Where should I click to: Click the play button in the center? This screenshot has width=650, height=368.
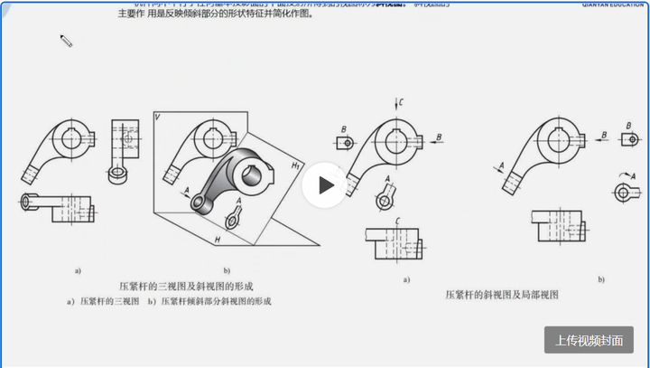[324, 184]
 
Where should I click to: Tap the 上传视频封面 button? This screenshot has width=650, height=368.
[589, 340]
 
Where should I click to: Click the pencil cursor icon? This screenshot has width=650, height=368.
[66, 40]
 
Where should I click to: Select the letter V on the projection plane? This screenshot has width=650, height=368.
[158, 118]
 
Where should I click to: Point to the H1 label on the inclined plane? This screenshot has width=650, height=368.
[295, 165]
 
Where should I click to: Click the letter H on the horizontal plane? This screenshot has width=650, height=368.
[218, 239]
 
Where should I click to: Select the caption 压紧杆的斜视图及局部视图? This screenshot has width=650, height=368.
[502, 295]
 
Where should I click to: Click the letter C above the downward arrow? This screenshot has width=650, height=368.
[400, 103]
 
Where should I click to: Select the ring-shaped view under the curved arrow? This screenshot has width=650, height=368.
[622, 192]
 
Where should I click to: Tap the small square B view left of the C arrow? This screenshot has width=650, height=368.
[343, 143]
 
